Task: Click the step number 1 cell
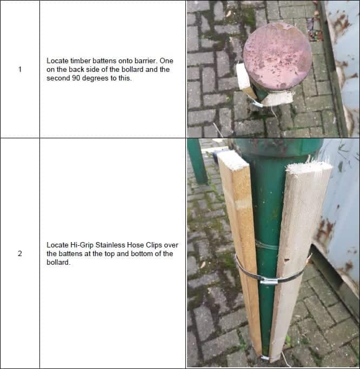(x=19, y=69)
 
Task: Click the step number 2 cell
(x=19, y=253)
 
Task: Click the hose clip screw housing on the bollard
(x=269, y=280)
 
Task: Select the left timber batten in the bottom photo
(x=242, y=243)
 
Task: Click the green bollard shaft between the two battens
(x=268, y=216)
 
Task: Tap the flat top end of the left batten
(x=231, y=159)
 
